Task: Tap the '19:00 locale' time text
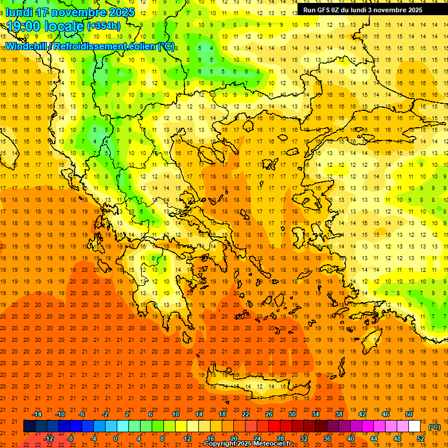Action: click(x=45, y=26)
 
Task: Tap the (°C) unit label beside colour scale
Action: click(x=434, y=427)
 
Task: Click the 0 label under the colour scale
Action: click(x=116, y=439)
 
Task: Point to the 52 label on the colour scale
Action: click(x=421, y=439)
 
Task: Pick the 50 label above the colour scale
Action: click(x=409, y=414)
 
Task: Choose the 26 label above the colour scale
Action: click(x=269, y=414)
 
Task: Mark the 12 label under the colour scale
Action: click(x=187, y=439)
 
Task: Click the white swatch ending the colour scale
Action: click(x=415, y=426)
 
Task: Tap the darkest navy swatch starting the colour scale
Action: click(x=29, y=426)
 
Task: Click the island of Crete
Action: click(x=251, y=386)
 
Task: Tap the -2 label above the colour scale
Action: click(x=105, y=414)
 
